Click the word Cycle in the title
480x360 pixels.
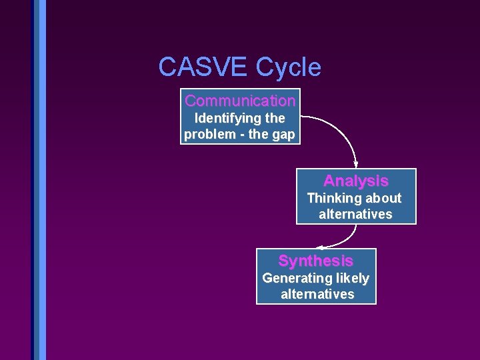[289, 67]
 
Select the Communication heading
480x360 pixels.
[240, 101]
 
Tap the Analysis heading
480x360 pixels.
[355, 181]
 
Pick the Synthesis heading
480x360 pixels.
[315, 261]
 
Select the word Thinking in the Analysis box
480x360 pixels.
[331, 198]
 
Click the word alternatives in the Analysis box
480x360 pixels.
[355, 214]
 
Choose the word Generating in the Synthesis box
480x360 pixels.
[293, 278]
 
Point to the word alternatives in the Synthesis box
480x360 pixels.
[317, 294]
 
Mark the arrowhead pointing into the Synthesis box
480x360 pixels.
[321, 246]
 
